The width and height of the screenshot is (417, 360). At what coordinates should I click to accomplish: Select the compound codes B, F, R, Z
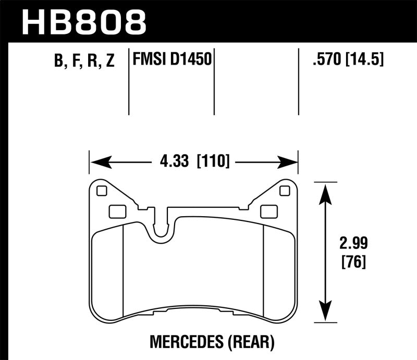click(x=84, y=61)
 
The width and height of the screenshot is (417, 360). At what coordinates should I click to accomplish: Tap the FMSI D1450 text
click(x=172, y=60)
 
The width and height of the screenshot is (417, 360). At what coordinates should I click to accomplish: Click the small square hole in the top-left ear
click(x=102, y=191)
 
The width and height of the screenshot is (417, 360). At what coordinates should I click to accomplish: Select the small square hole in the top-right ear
click(x=284, y=191)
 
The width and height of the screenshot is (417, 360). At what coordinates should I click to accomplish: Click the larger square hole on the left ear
click(x=116, y=211)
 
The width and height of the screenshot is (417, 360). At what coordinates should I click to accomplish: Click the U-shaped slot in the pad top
click(x=164, y=229)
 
